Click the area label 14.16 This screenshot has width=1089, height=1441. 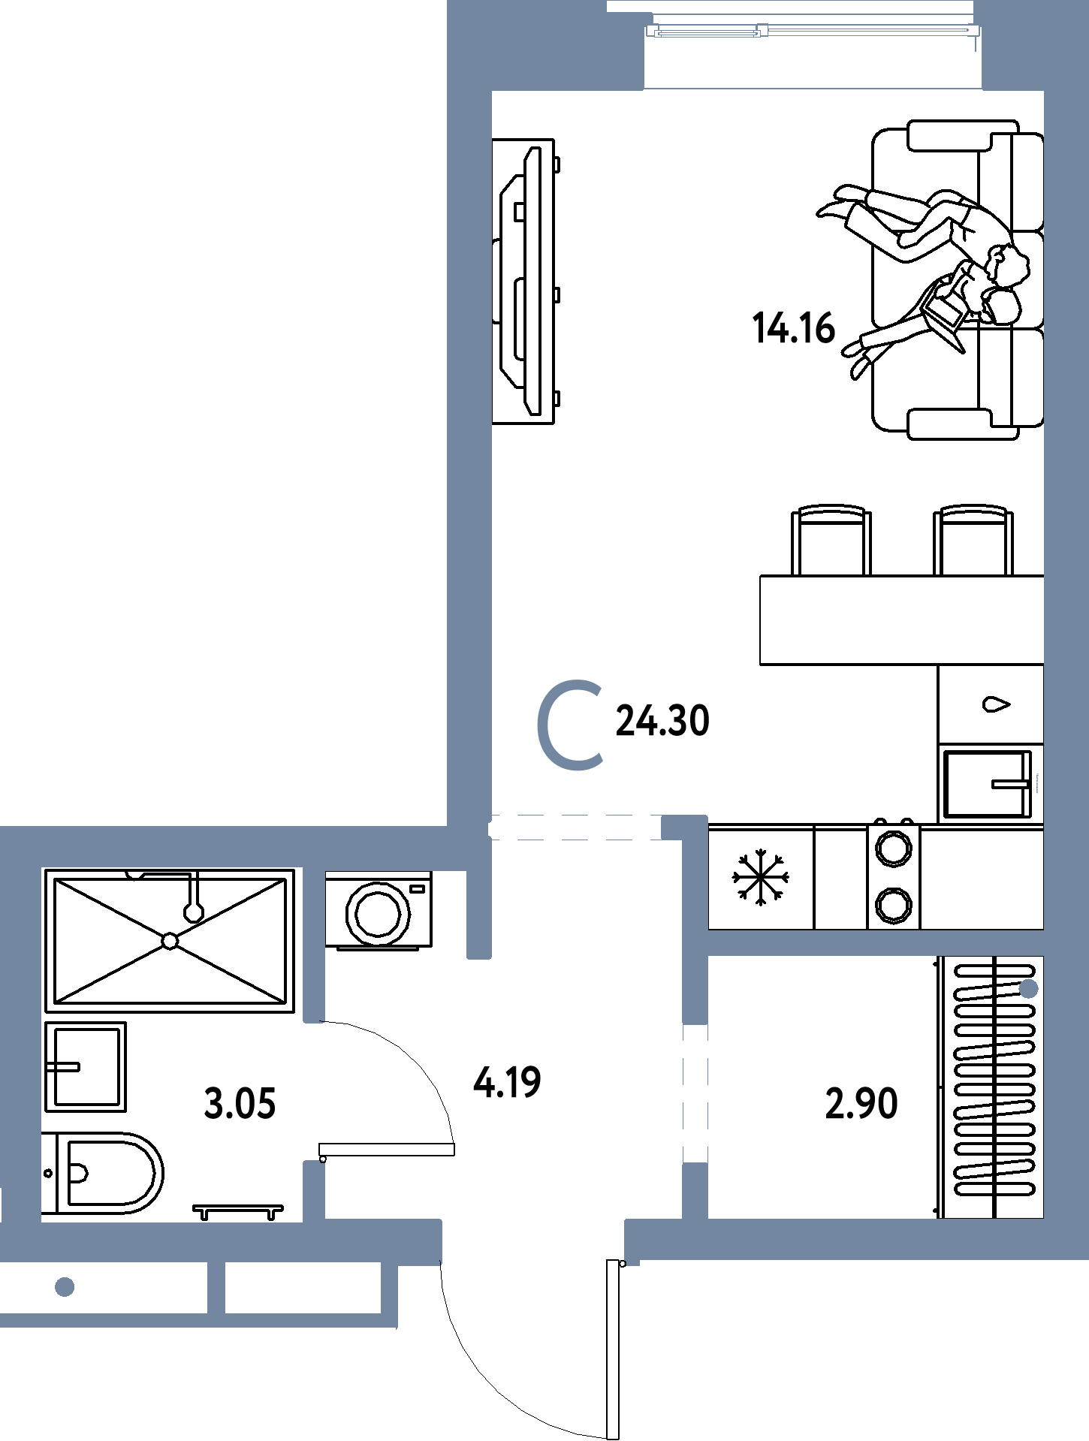pos(794,329)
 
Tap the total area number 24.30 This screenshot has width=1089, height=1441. pos(662,721)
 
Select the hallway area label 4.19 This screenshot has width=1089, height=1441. pos(507,1082)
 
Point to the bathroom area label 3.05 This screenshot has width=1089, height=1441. pos(240,1104)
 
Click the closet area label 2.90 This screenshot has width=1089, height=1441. pos(861,1104)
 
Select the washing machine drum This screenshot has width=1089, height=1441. pos(379,913)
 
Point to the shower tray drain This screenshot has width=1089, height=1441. pos(170,941)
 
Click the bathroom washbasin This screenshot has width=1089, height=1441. pos(86,1066)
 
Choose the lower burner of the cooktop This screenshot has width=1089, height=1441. pos(894,906)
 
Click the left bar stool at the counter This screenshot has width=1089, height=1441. pos(831,540)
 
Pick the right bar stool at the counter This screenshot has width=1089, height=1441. pos(973,540)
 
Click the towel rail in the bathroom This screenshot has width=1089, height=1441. pos(238,1211)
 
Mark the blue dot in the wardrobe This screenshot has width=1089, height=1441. pos(1029,990)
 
